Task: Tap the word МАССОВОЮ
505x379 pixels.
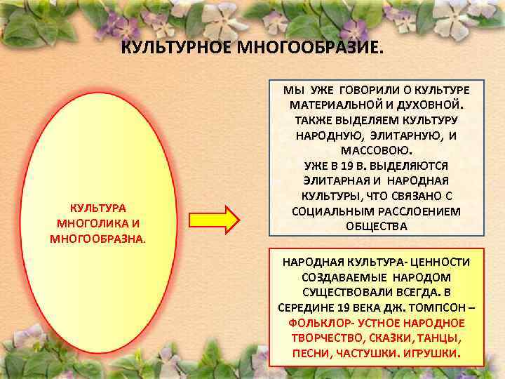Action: point(377,150)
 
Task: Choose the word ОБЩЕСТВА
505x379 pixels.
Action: point(376,227)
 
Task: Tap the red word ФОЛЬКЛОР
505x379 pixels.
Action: point(321,322)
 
